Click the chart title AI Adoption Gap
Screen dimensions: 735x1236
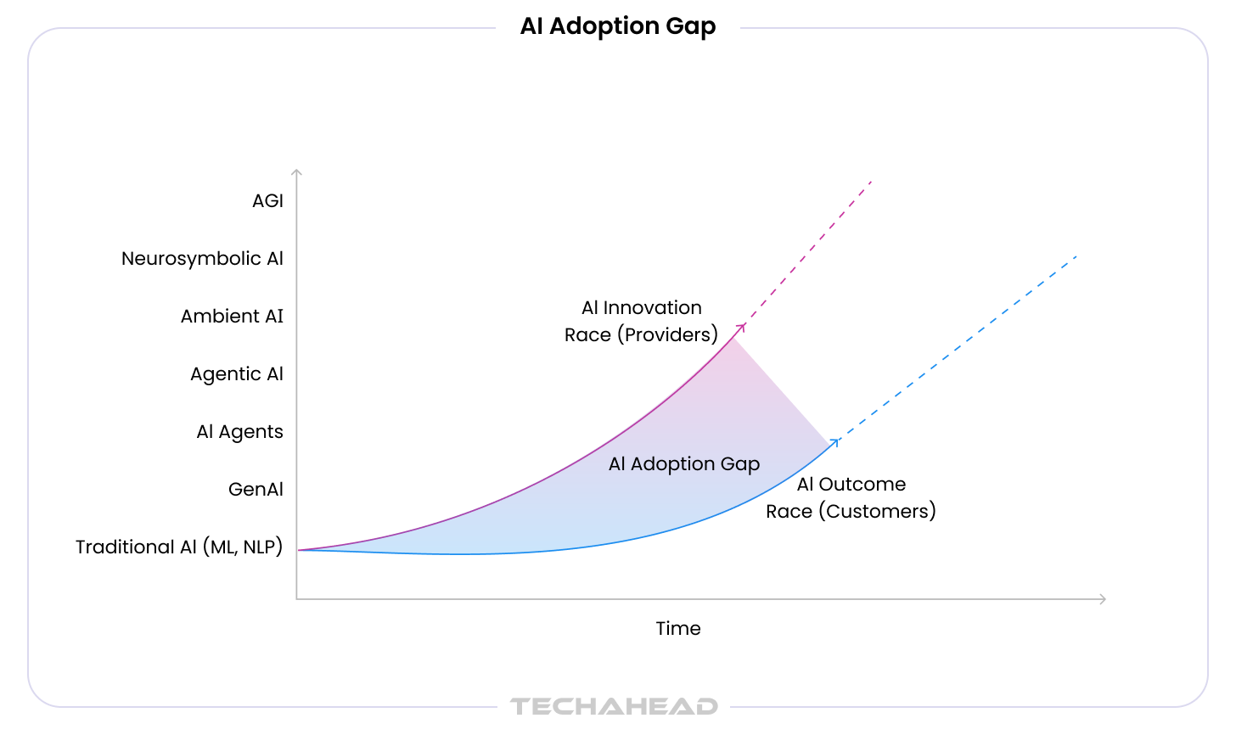tap(618, 26)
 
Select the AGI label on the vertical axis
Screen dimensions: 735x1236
tap(267, 201)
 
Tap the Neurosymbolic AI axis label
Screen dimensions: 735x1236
tap(202, 259)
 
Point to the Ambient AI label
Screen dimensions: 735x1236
tap(232, 317)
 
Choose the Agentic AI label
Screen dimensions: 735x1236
tap(236, 374)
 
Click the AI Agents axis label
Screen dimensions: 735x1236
tap(239, 432)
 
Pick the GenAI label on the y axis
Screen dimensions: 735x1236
tap(256, 490)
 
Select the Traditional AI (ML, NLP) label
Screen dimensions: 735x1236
tap(179, 547)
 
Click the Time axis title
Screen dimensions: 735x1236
tap(678, 629)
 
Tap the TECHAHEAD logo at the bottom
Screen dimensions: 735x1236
tap(614, 706)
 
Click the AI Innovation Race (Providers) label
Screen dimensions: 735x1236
tap(641, 322)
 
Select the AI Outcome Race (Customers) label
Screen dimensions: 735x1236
tap(851, 498)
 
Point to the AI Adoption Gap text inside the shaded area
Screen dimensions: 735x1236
tap(684, 464)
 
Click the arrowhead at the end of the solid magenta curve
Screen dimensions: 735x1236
tap(742, 327)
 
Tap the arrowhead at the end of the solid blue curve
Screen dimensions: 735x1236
tap(836, 441)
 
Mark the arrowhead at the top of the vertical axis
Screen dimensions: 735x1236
tap(296, 172)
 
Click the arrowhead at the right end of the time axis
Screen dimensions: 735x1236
tap(1103, 599)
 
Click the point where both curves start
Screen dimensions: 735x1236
tap(299, 551)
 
